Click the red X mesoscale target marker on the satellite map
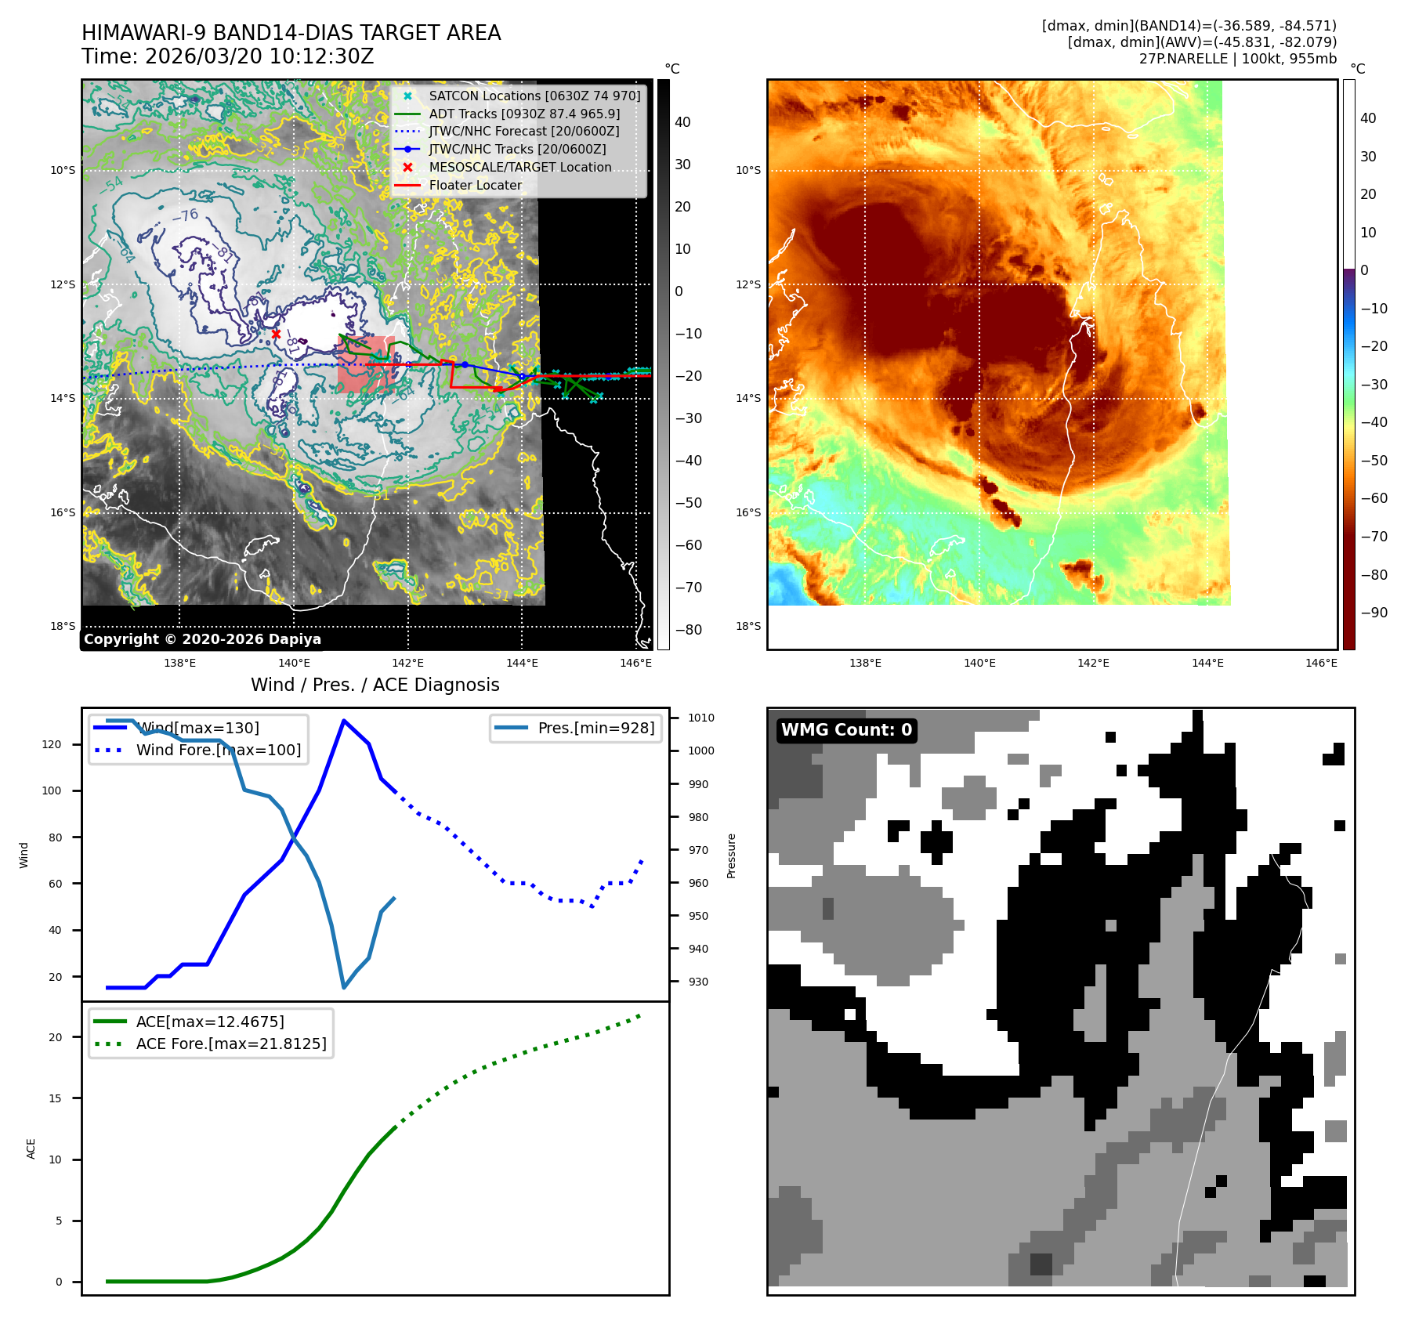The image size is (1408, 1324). point(276,334)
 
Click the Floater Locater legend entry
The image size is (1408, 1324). point(475,185)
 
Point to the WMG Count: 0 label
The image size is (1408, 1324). point(846,730)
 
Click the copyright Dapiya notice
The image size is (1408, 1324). point(202,639)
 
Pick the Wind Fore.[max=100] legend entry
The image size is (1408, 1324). point(218,750)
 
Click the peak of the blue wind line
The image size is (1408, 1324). point(343,720)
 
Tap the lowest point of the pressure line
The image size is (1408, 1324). point(344,987)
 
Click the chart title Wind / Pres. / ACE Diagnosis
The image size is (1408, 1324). point(375,685)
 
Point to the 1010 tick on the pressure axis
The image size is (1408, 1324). point(701,718)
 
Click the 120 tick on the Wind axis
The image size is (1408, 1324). point(52,744)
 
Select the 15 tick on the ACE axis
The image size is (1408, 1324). point(55,1098)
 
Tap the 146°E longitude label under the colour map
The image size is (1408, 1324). point(1321,663)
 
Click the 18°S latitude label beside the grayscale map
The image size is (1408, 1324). point(63,626)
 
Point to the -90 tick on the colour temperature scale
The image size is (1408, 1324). point(1374,613)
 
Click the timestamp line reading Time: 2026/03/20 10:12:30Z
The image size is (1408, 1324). point(228,56)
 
